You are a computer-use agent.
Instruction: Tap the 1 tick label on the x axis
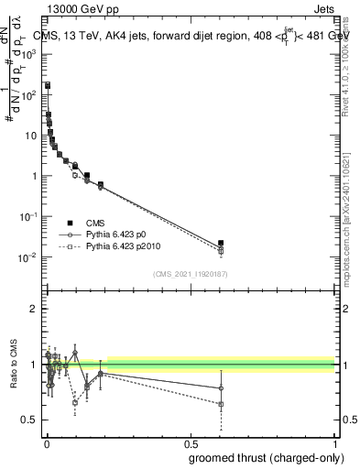point(333,443)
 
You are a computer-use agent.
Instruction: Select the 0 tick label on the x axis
point(47,443)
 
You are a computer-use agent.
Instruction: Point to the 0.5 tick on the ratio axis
point(30,420)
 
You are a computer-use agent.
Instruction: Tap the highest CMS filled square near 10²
point(48,85)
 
